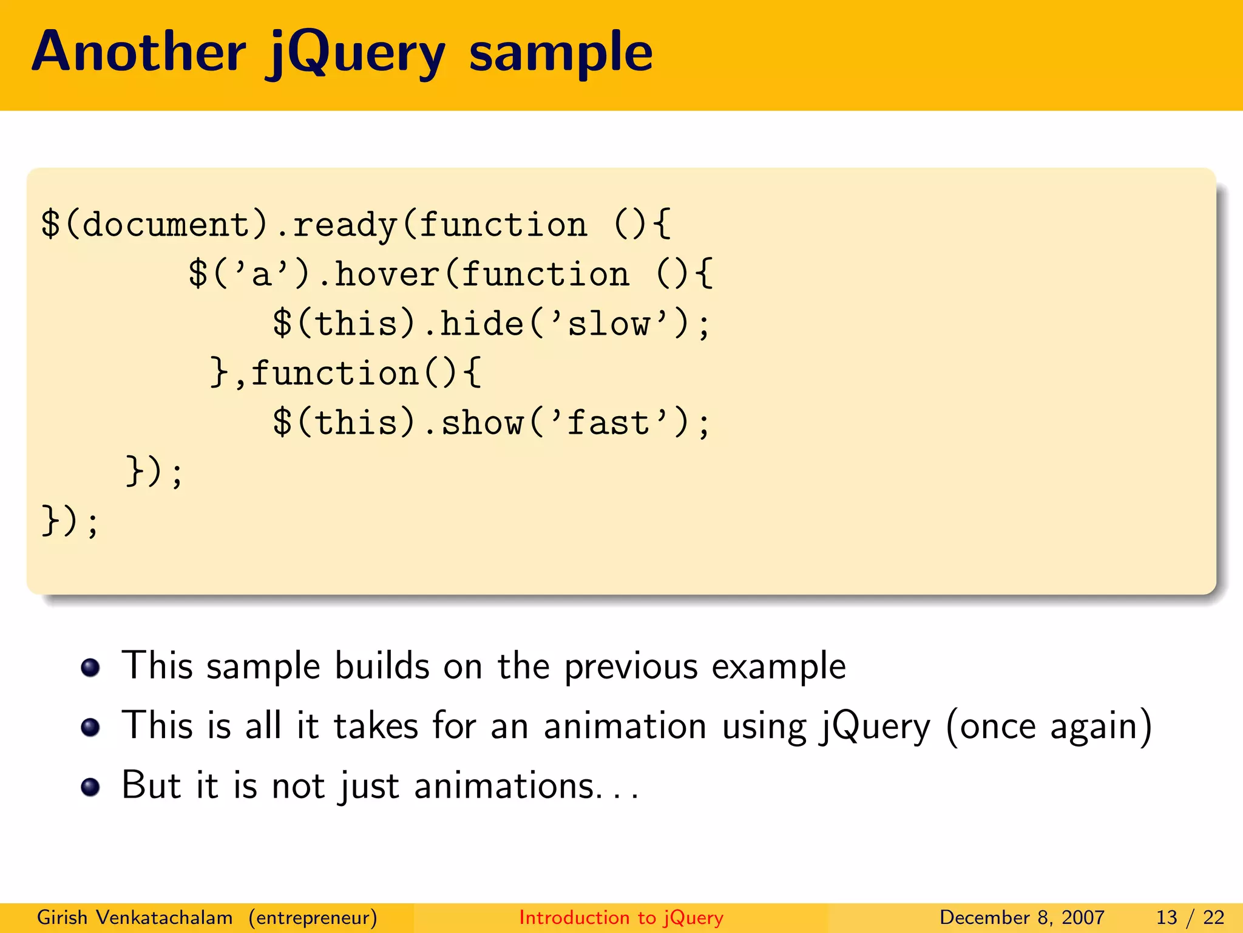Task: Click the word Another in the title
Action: pos(139,52)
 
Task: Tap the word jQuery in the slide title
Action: pos(356,55)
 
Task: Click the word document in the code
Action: pos(165,225)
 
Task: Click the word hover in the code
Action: pos(387,275)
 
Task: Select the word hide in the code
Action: pos(482,323)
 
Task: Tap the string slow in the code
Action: pos(609,324)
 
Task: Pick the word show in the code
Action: pos(482,423)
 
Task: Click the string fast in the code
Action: pos(609,423)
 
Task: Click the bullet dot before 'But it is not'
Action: pos(90,787)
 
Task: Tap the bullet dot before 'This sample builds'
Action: pos(90,668)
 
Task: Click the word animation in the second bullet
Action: pos(625,726)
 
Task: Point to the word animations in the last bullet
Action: pos(504,786)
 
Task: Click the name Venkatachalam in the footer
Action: pos(164,917)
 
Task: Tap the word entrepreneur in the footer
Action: pos(313,918)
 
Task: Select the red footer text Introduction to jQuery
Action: pos(621,917)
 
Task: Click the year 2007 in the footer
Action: pos(1083,917)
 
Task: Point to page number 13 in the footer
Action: pos(1167,917)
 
